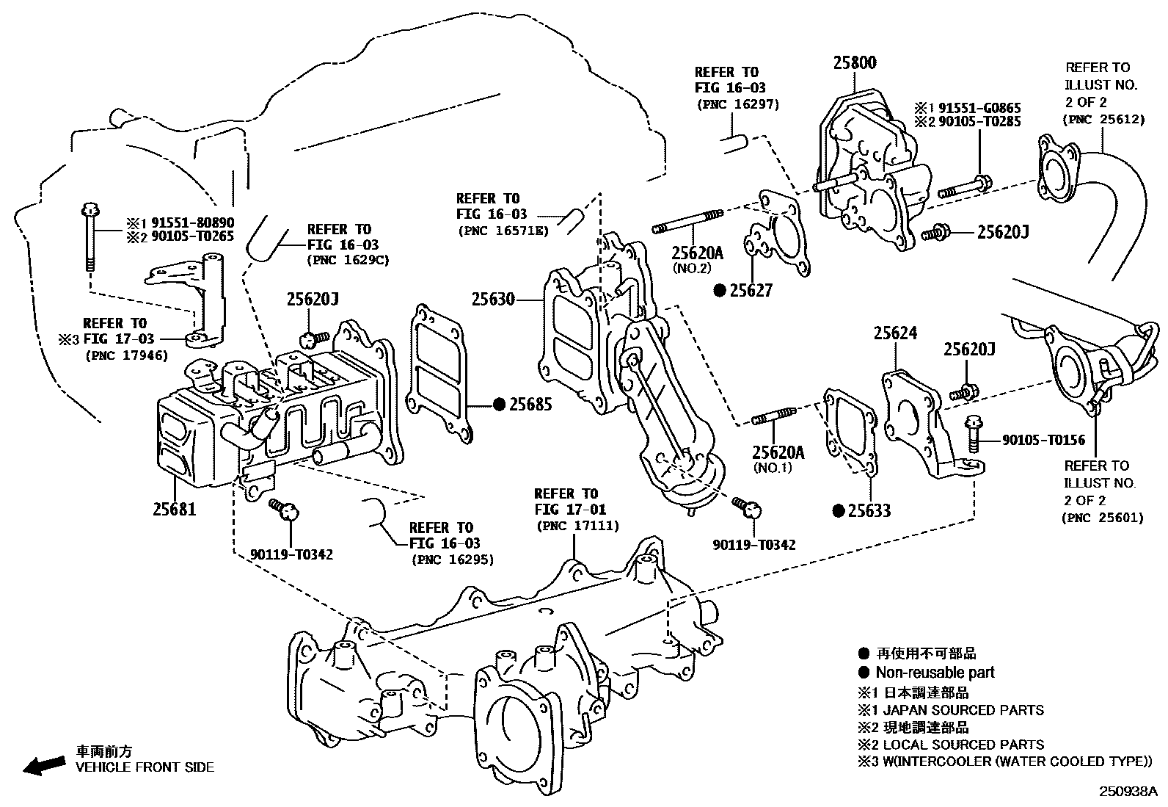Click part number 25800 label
tap(854, 64)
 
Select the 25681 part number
tap(175, 508)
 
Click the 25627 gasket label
tap(751, 291)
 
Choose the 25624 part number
tap(894, 333)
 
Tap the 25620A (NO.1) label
tap(778, 453)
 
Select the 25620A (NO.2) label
tap(698, 253)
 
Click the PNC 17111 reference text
tap(577, 526)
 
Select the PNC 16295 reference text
tap(452, 560)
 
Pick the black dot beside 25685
tap(499, 404)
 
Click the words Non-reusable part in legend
tap(935, 672)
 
